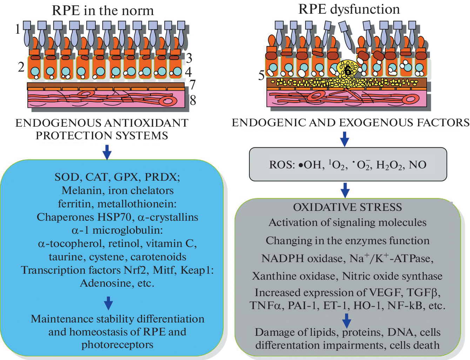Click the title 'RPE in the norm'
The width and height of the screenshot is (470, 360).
click(103, 11)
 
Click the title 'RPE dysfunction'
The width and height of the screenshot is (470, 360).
click(349, 9)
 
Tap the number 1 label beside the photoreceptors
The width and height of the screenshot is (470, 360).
click(18, 29)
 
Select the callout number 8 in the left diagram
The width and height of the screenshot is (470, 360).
click(193, 100)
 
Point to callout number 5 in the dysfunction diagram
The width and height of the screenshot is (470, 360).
click(261, 75)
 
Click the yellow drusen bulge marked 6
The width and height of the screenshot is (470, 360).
click(347, 70)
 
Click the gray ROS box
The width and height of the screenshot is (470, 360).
click(348, 164)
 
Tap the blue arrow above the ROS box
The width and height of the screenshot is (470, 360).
click(345, 139)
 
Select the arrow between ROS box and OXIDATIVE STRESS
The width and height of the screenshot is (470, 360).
click(345, 190)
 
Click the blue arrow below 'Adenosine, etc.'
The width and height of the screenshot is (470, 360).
click(109, 303)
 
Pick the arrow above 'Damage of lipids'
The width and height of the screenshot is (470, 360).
click(347, 320)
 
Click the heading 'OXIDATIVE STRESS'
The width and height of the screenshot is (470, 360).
click(348, 207)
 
